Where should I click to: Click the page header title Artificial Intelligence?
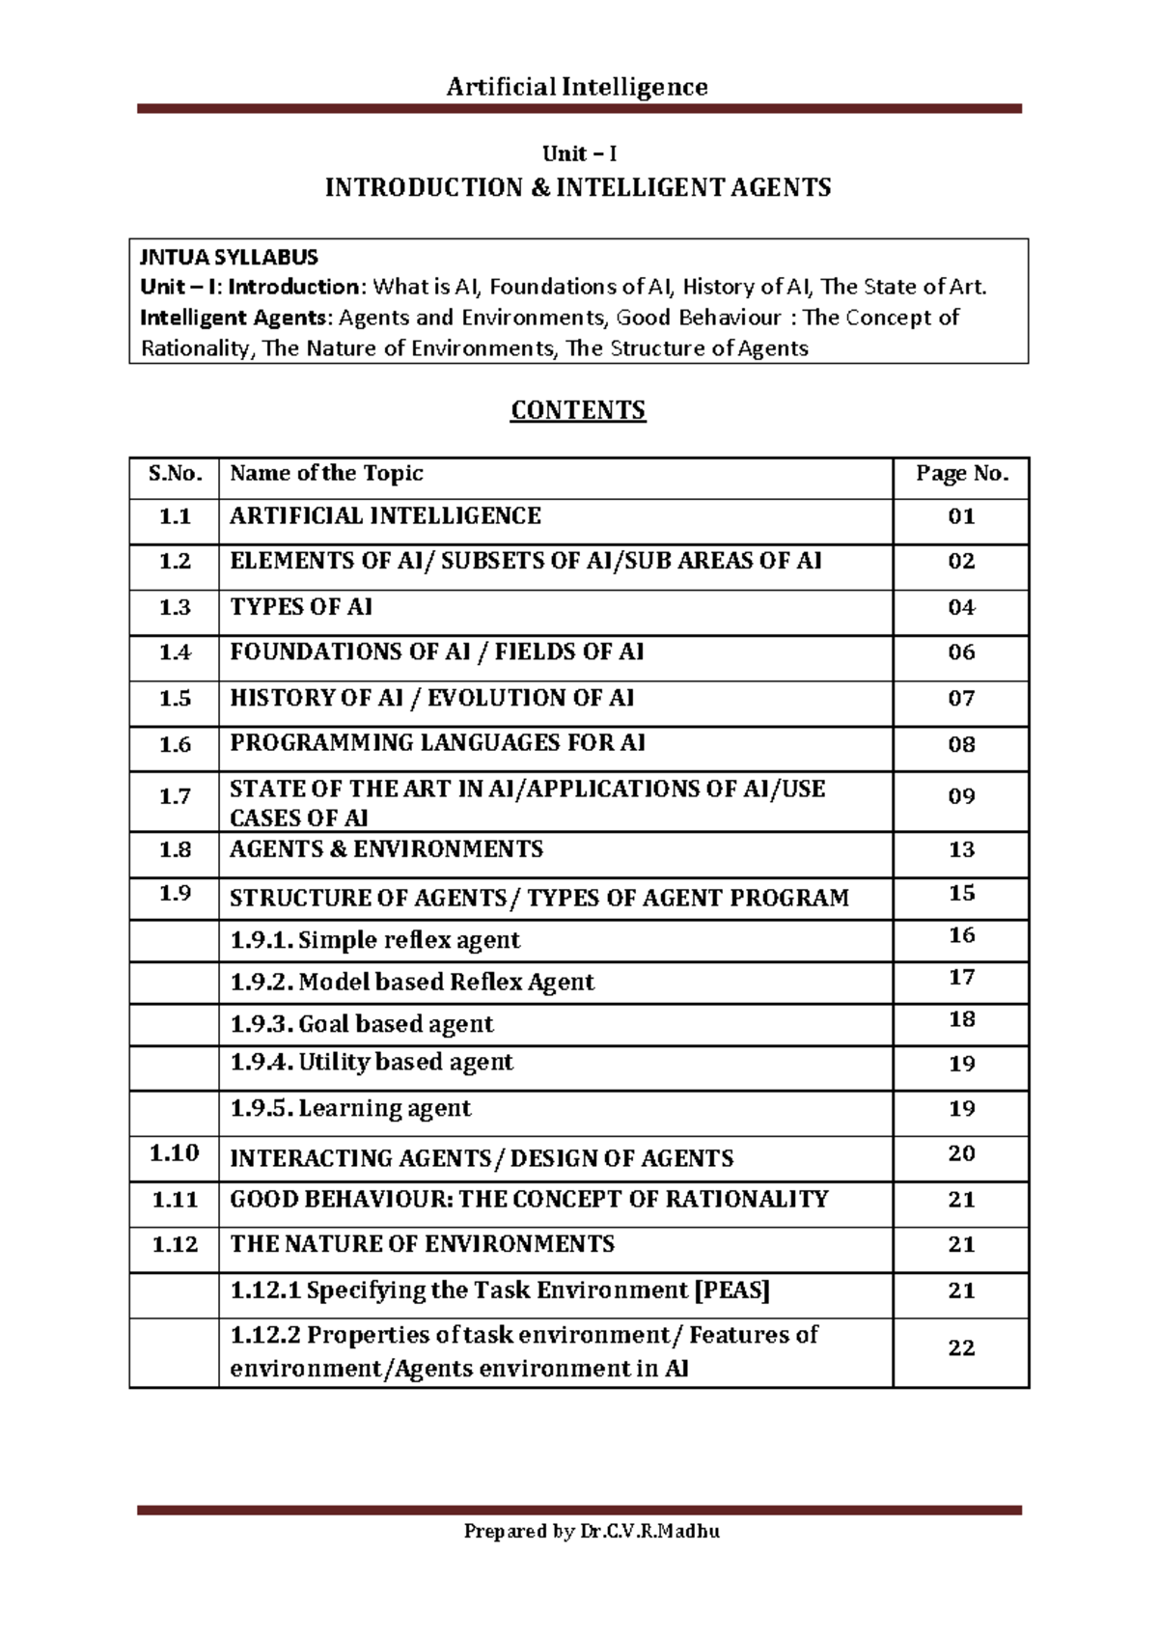[x=577, y=87]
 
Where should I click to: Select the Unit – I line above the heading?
[x=579, y=153]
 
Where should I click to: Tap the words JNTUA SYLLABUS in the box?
[x=229, y=258]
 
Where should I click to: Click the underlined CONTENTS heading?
[x=578, y=410]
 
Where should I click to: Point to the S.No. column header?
[x=175, y=473]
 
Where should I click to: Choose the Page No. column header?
[x=962, y=473]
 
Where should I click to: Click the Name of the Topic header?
[x=326, y=473]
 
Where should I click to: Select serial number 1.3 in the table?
[x=175, y=607]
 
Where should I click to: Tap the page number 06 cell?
[x=961, y=652]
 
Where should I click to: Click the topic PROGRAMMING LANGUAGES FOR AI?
[x=437, y=743]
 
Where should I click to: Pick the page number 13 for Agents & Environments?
[x=961, y=849]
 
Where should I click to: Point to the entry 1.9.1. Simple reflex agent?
[x=375, y=940]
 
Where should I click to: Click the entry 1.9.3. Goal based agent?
[x=362, y=1024]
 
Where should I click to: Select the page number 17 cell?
[x=961, y=978]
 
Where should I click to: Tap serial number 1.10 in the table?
[x=175, y=1153]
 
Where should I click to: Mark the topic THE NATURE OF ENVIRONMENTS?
[x=422, y=1244]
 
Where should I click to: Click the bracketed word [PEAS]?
[x=732, y=1290]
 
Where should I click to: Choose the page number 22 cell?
[x=961, y=1348]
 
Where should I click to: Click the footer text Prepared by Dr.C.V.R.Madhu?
[x=592, y=1531]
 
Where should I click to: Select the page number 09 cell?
[x=961, y=796]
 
